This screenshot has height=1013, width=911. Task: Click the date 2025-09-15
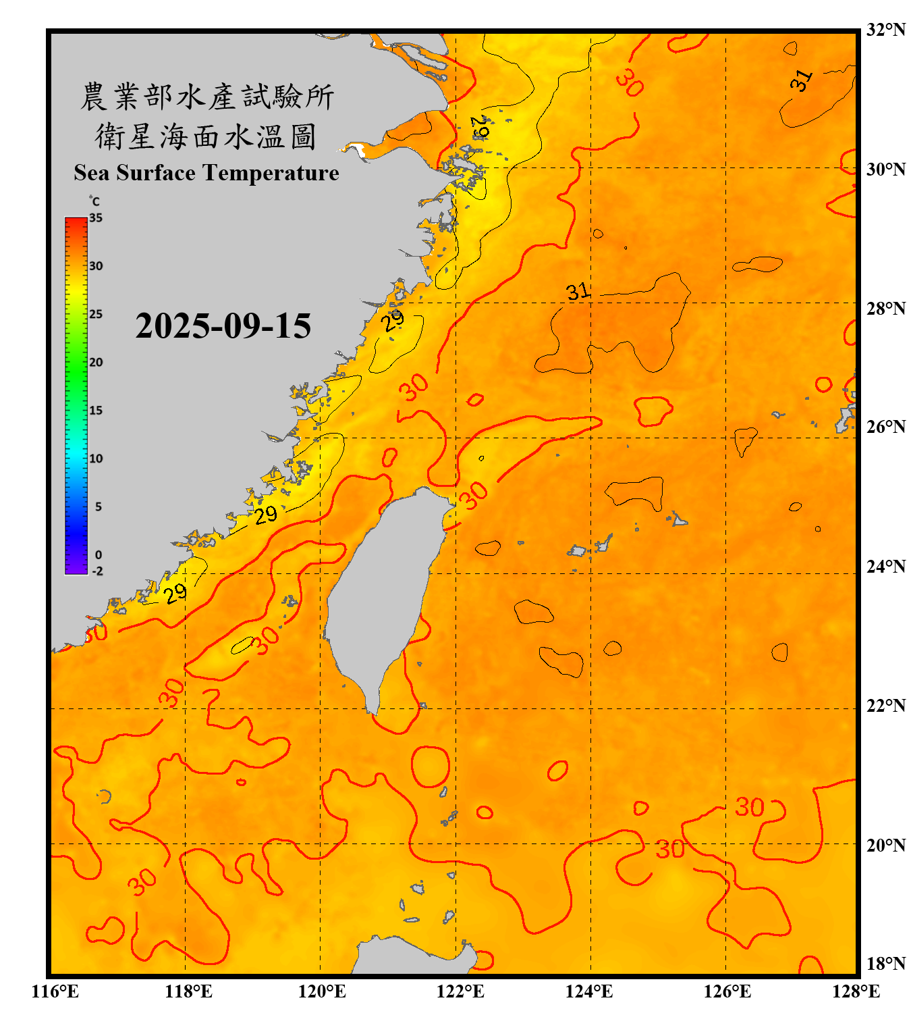click(223, 326)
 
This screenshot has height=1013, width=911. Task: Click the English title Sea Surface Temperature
click(206, 173)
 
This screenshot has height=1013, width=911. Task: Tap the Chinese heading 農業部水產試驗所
click(206, 97)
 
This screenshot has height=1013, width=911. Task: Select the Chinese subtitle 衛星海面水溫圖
click(206, 136)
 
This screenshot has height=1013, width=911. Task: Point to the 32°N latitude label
click(885, 30)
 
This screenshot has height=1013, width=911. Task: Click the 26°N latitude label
click(885, 427)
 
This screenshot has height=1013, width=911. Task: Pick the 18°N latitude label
click(885, 964)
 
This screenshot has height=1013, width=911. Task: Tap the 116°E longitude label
click(55, 991)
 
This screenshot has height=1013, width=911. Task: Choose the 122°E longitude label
click(460, 991)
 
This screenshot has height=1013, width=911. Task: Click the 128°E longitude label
click(856, 991)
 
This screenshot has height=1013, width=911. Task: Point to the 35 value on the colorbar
click(96, 218)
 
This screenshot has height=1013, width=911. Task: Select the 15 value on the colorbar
click(96, 411)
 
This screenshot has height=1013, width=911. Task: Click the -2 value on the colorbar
click(97, 571)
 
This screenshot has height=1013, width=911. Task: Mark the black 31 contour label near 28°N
click(578, 292)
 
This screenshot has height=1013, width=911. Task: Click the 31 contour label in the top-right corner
click(801, 80)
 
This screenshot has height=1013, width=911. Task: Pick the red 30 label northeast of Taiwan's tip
click(474, 496)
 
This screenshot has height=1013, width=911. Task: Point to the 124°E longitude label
click(589, 991)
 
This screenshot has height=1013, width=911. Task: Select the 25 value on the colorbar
click(96, 314)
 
